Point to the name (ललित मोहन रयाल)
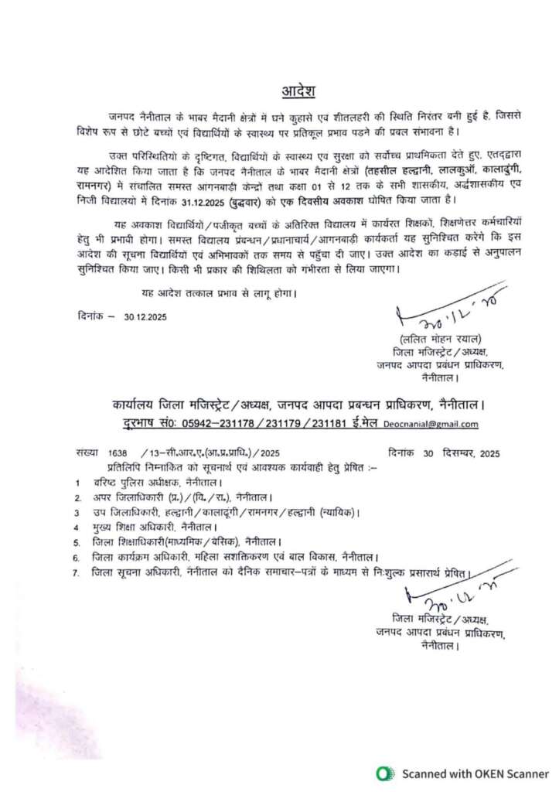441,339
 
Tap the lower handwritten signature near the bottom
448,596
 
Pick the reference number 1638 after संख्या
118,454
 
